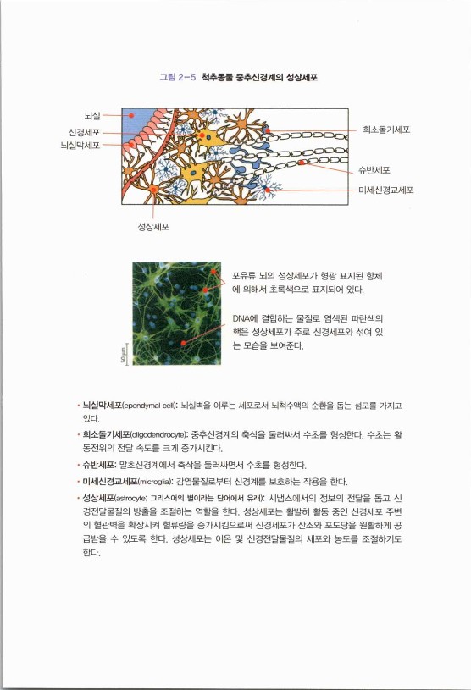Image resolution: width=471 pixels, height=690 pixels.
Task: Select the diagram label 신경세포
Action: (x=85, y=132)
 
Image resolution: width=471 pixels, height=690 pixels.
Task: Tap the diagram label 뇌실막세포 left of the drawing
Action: (x=81, y=146)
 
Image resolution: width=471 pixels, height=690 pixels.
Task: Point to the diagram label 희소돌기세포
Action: (x=386, y=130)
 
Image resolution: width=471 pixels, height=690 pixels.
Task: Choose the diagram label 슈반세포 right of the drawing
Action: (x=374, y=171)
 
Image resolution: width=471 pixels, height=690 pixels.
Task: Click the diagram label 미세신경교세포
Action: (x=386, y=189)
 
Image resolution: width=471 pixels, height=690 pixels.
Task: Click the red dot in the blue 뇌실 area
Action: (x=131, y=113)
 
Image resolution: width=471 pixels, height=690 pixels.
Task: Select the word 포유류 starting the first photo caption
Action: (x=246, y=276)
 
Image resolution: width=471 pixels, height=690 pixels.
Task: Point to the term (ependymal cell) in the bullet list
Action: (x=151, y=406)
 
